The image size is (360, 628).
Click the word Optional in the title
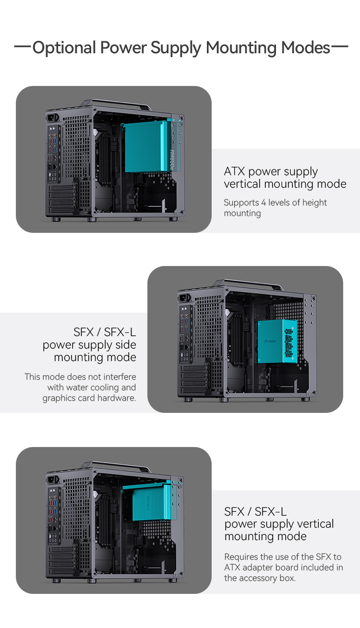(x=64, y=48)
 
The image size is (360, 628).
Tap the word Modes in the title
(x=305, y=48)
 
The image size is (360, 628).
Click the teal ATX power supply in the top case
(x=148, y=146)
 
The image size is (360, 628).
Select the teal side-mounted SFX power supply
(x=277, y=341)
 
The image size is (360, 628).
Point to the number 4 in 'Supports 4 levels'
(x=264, y=203)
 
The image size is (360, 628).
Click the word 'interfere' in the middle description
(x=120, y=377)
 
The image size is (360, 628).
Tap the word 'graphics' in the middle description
(x=58, y=399)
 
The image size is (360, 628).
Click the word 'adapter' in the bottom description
(x=258, y=568)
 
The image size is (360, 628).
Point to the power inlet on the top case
(x=53, y=118)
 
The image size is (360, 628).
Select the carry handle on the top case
(x=117, y=104)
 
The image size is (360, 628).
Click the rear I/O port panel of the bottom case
(x=54, y=516)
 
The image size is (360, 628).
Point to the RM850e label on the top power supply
(x=172, y=160)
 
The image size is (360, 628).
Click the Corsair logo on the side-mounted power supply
(x=270, y=341)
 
